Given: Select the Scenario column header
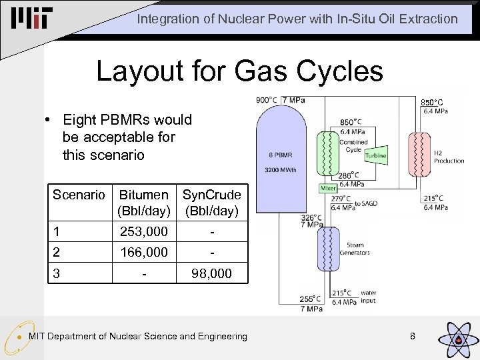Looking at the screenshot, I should (x=79, y=195).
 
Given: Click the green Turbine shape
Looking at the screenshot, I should (x=375, y=155).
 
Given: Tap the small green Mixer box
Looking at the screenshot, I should (x=329, y=189).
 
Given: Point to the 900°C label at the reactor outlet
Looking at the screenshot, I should (x=267, y=100).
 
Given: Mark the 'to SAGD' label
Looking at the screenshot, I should (x=366, y=203).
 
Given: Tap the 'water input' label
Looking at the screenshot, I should (x=368, y=297).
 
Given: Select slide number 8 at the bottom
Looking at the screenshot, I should (x=413, y=336).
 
